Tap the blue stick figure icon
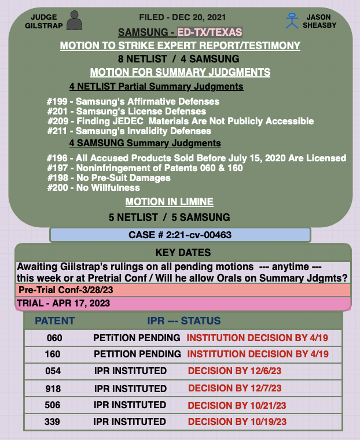click(x=291, y=21)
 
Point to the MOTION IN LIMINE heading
click(x=169, y=202)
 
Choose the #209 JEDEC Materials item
click(x=181, y=121)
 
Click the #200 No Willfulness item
click(x=93, y=187)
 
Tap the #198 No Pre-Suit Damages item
click(x=109, y=178)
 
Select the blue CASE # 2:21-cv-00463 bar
click(x=180, y=235)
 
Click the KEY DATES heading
click(x=183, y=253)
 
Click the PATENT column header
click(x=54, y=321)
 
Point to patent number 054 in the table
click(x=53, y=371)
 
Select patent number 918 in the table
click(x=53, y=388)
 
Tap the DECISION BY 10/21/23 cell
click(x=238, y=405)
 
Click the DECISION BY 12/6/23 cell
click(x=235, y=371)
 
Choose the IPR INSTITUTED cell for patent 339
click(x=130, y=422)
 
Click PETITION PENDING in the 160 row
click(x=137, y=354)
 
